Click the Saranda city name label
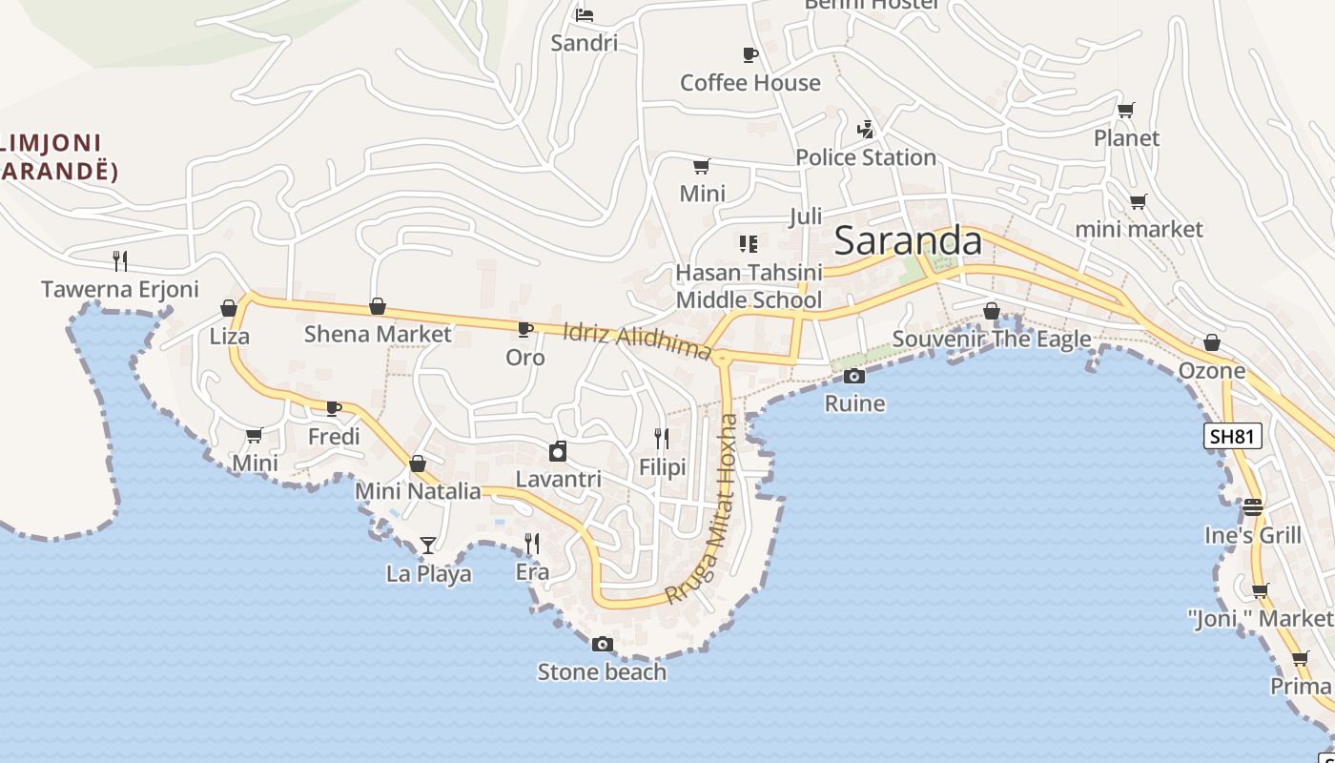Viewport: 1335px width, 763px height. pyautogui.click(x=907, y=241)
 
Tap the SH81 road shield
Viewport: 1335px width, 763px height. pyautogui.click(x=1232, y=437)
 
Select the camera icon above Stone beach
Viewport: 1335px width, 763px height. pyautogui.click(x=602, y=644)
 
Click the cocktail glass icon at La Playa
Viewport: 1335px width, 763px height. pyautogui.click(x=428, y=546)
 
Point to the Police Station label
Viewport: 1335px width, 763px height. pyautogui.click(x=865, y=157)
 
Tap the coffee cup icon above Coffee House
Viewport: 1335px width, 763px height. pyautogui.click(x=750, y=54)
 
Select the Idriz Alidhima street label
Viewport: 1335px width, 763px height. pyautogui.click(x=637, y=340)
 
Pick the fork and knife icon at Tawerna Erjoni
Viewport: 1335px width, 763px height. pyautogui.click(x=120, y=260)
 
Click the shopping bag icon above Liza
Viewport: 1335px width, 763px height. pyautogui.click(x=229, y=308)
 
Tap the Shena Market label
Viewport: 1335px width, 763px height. pyautogui.click(x=378, y=334)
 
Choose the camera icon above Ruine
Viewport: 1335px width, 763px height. pyautogui.click(x=854, y=376)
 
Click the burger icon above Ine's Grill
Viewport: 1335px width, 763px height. pyautogui.click(x=1253, y=506)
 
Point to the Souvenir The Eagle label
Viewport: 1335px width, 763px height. pyautogui.click(x=991, y=340)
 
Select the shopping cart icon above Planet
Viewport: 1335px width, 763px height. pyautogui.click(x=1126, y=110)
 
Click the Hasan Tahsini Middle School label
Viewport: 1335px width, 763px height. pyautogui.click(x=749, y=286)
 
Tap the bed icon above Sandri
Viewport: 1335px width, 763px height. pyautogui.click(x=585, y=14)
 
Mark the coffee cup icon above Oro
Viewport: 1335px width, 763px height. pyautogui.click(x=524, y=329)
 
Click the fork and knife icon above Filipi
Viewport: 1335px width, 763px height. pyautogui.click(x=662, y=439)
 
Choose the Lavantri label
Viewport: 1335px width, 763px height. pyautogui.click(x=558, y=479)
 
